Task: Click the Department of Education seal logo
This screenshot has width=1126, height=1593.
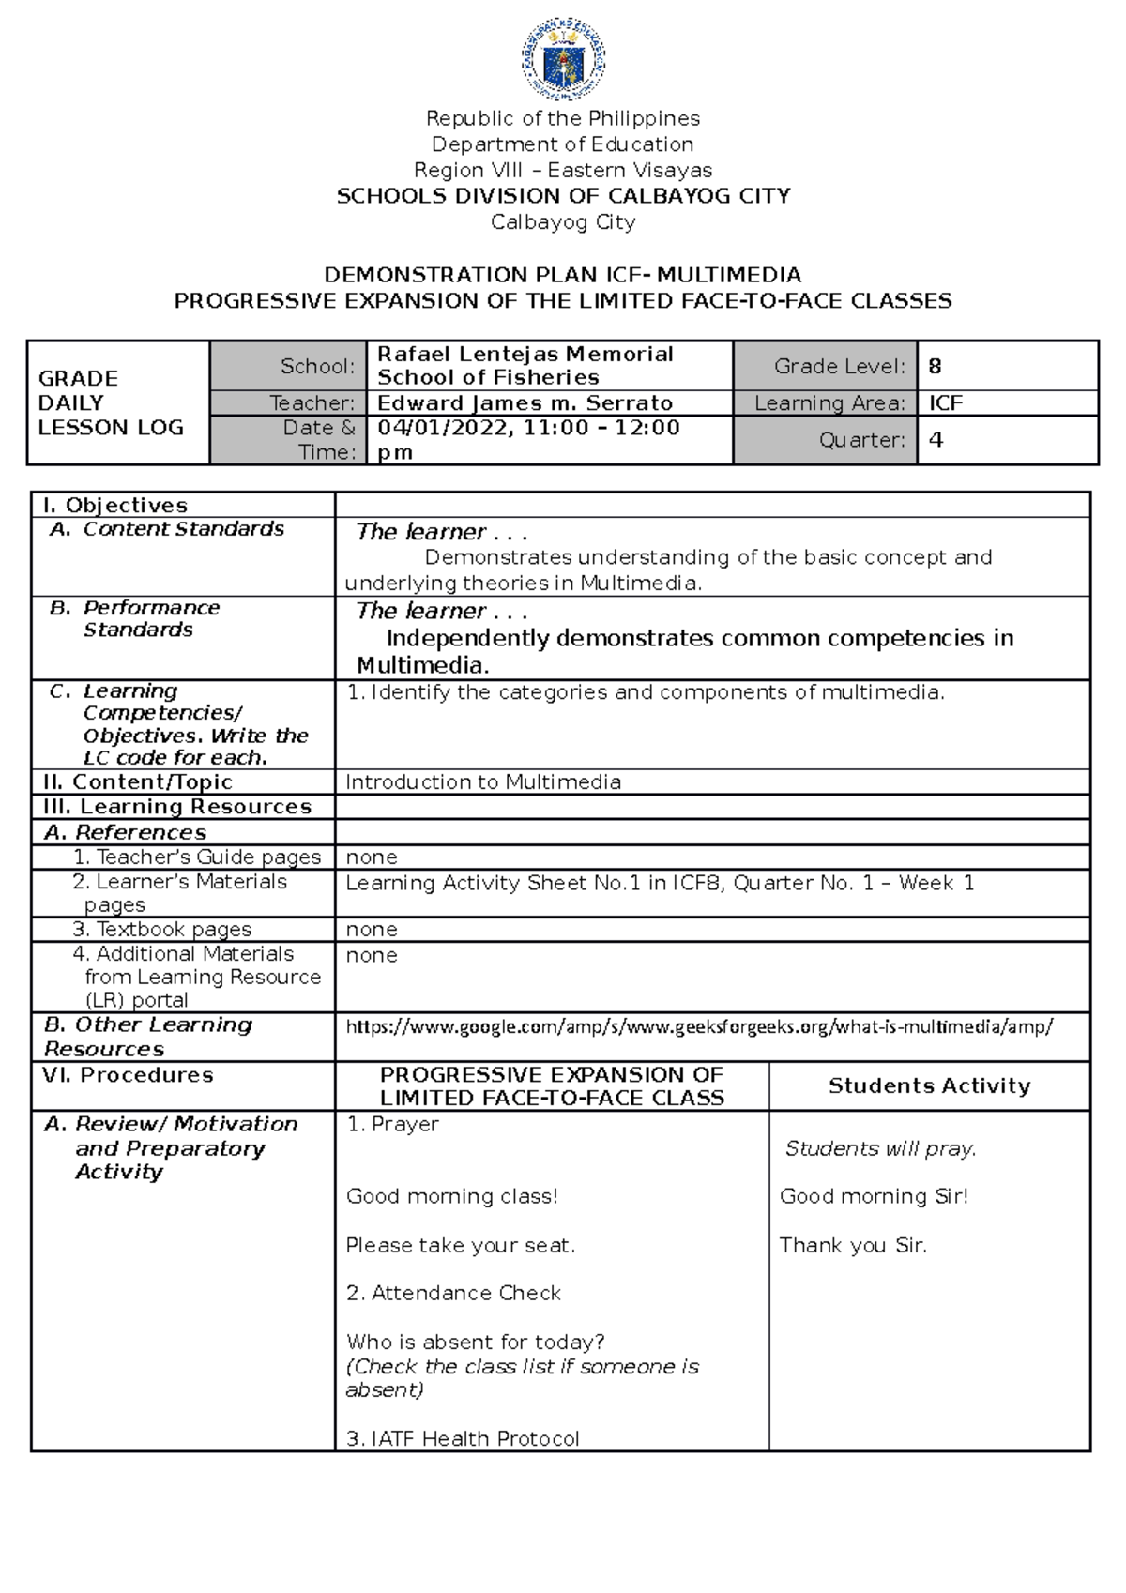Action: point(563,59)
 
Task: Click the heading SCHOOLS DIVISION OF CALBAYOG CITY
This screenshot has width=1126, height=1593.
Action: point(563,196)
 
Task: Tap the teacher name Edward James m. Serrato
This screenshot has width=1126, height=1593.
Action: point(525,403)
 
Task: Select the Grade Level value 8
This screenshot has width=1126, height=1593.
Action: point(935,367)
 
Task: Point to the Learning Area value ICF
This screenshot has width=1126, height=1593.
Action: point(946,403)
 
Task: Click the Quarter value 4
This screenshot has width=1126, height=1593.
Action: point(935,440)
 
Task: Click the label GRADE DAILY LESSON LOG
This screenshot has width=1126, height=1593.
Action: point(111,402)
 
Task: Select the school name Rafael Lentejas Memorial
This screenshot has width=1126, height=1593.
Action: point(525,355)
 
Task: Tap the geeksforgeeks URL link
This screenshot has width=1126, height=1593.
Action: point(699,1026)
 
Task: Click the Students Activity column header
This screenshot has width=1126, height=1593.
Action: point(929,1085)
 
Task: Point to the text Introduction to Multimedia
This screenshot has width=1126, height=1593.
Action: point(483,782)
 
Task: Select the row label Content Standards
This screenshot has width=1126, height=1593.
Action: point(183,529)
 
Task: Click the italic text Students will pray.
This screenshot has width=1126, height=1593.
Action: point(880,1148)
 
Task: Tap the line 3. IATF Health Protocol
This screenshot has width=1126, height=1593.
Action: point(463,1438)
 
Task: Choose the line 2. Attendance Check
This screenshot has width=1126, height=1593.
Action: point(453,1293)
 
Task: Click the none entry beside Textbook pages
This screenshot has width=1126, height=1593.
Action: point(372,930)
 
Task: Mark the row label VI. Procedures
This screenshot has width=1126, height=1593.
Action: point(128,1075)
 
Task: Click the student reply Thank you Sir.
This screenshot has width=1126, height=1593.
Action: point(852,1245)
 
